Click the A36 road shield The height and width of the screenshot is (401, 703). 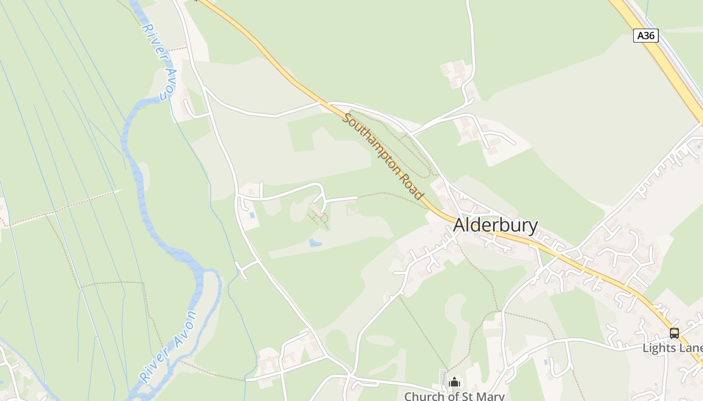(646, 36)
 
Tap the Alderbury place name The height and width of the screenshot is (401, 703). (495, 226)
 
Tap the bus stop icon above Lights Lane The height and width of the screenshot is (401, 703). (674, 333)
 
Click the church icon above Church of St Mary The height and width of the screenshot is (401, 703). (454, 382)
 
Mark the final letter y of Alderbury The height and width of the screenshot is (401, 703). (534, 227)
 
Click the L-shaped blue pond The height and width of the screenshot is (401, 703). (315, 243)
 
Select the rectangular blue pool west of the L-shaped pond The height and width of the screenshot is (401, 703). (252, 216)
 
